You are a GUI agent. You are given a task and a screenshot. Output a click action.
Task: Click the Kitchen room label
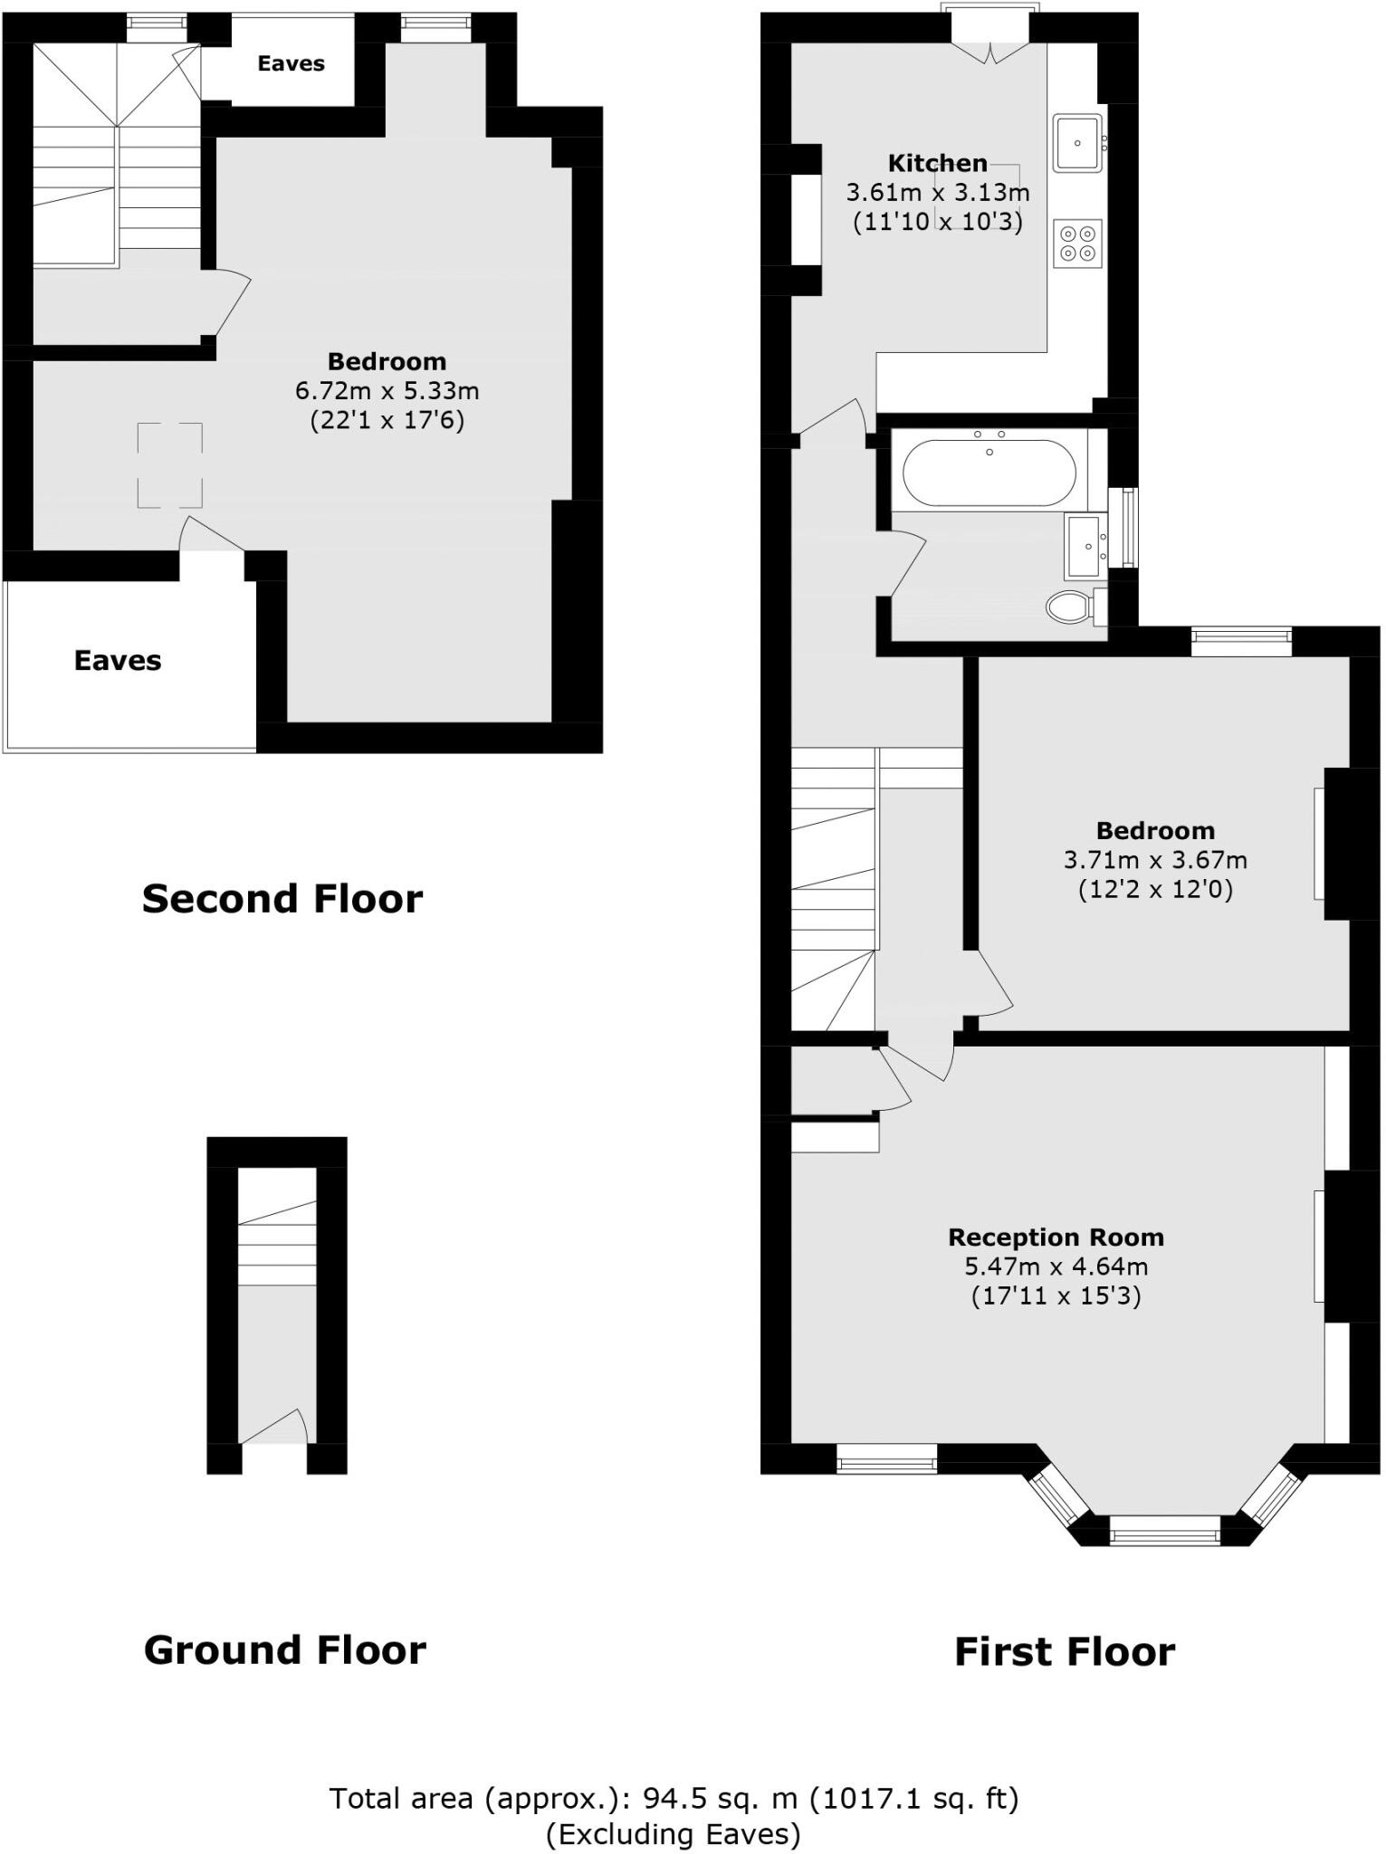click(x=937, y=164)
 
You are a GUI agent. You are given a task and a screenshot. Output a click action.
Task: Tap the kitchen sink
click(x=1077, y=143)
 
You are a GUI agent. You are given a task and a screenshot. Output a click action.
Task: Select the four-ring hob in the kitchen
click(x=1077, y=243)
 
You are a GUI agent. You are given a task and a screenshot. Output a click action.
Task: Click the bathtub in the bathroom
click(x=989, y=473)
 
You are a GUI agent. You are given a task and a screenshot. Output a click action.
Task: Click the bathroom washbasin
click(x=1085, y=547)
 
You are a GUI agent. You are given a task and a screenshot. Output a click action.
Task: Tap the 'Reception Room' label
click(x=1056, y=1238)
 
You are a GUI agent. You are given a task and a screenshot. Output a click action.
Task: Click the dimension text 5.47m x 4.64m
click(x=1056, y=1266)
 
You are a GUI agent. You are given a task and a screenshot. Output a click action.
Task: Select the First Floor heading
click(x=1065, y=1652)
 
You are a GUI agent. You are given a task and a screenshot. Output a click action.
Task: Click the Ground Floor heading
click(x=284, y=1650)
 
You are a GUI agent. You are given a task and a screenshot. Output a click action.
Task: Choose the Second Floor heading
click(x=282, y=899)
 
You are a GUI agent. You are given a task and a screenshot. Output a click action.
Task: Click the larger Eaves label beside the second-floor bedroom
click(x=118, y=661)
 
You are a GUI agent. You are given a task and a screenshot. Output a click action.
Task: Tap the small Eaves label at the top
click(x=291, y=63)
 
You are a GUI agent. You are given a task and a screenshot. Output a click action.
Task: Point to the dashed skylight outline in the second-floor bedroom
click(x=170, y=465)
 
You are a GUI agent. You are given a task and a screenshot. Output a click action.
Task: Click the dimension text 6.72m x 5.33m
click(x=387, y=391)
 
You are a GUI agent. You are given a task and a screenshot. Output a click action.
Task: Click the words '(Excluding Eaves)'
click(x=674, y=1834)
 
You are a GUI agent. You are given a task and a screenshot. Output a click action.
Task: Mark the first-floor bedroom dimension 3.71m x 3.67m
click(x=1155, y=860)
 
